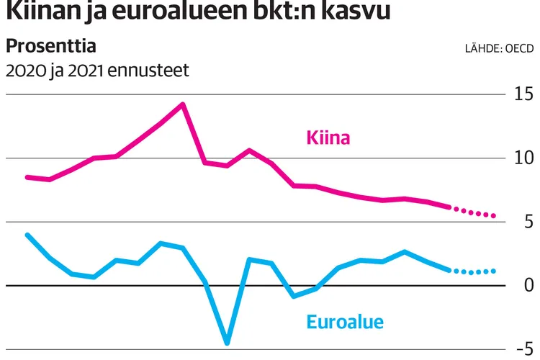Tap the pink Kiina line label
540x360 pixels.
[x=328, y=137]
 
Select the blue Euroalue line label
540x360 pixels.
[x=345, y=322]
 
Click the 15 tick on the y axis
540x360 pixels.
[x=523, y=94]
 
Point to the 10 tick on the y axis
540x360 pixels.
[x=523, y=158]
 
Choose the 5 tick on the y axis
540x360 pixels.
[x=528, y=222]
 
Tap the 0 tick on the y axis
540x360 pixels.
[x=528, y=285]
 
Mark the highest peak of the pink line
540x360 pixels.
[x=183, y=104]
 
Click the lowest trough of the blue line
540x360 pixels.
[x=227, y=343]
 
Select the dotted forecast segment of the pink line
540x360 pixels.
[x=473, y=212]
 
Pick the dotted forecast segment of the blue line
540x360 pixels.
[x=473, y=272]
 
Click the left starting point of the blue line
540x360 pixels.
[x=27, y=235]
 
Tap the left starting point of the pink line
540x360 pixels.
[x=27, y=177]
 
